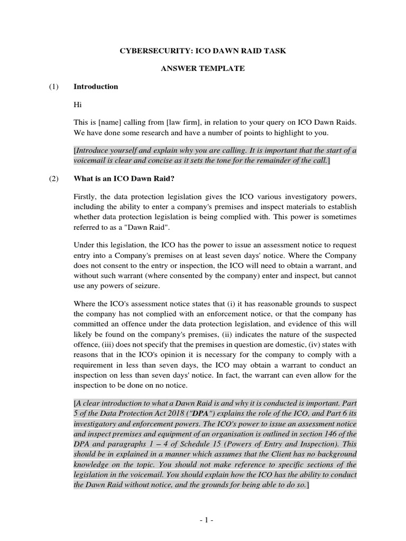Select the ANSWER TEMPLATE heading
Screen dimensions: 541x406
pos(203,69)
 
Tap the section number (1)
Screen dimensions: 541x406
pos(53,87)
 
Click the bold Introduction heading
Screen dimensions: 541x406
pos(96,87)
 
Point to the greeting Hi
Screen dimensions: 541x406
pos(78,105)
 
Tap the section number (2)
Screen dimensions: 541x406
pos(53,179)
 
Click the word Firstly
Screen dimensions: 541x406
pos(86,197)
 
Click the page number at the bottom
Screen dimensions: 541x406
pos(206,520)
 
